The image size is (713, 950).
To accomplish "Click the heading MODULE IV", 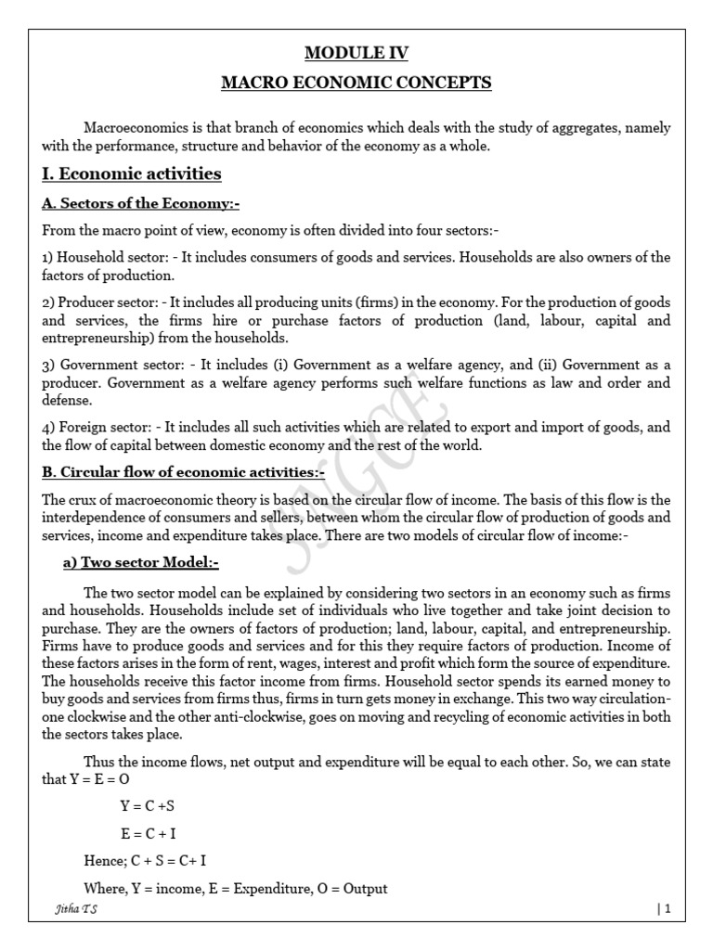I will pyautogui.click(x=356, y=53).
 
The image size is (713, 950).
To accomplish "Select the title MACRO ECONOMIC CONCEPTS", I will pyautogui.click(x=356, y=83).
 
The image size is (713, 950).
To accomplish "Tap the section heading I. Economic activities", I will pyautogui.click(x=132, y=173).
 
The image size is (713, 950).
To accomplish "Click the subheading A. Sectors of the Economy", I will pyautogui.click(x=141, y=204).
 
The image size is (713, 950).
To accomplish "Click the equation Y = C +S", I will pyautogui.click(x=148, y=806).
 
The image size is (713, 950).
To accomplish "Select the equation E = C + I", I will pyautogui.click(x=149, y=833).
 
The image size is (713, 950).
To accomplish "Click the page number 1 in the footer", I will pyautogui.click(x=665, y=910).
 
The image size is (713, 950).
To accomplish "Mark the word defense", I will pyautogui.click(x=67, y=401).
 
